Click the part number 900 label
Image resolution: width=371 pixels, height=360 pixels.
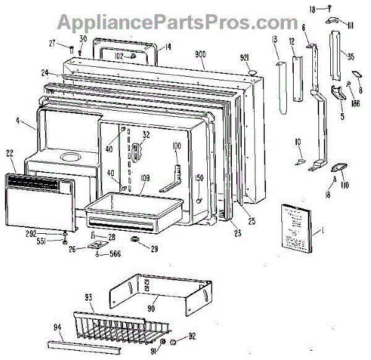[x=200, y=54]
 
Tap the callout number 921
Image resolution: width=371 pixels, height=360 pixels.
[x=246, y=58]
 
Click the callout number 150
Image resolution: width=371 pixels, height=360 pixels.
[x=199, y=178]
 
